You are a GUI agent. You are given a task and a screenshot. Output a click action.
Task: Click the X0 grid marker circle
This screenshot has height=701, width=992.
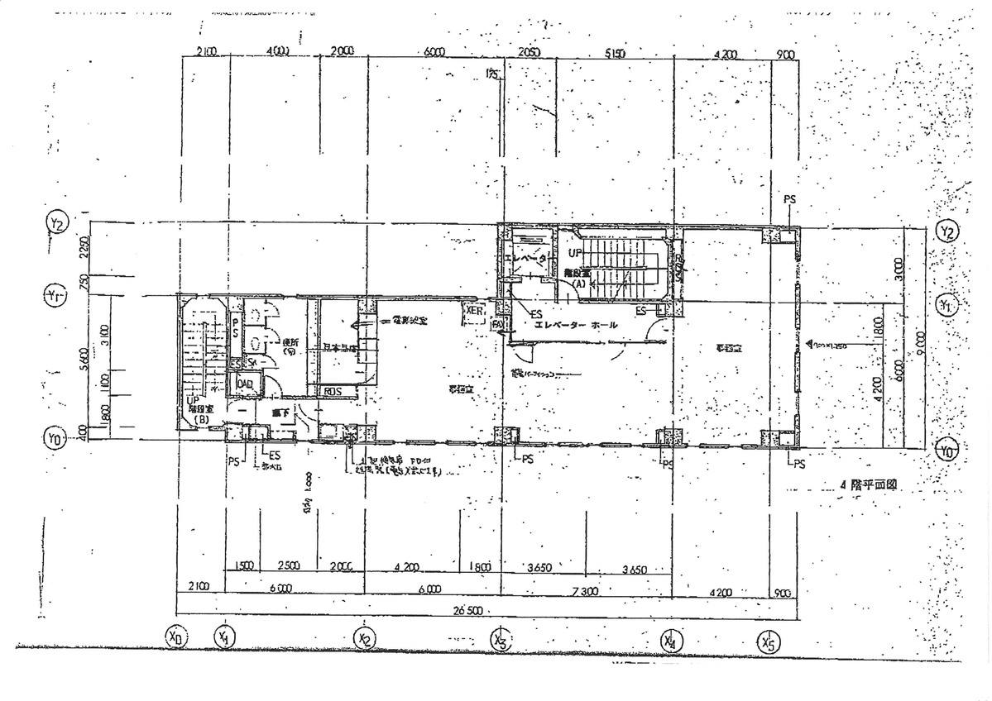[175, 637]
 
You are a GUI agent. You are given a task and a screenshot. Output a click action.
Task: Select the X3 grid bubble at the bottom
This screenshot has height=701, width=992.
[499, 639]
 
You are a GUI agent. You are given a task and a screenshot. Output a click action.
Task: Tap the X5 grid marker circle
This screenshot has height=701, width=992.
[769, 641]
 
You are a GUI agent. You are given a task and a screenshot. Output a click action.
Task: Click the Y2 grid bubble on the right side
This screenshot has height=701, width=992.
[947, 231]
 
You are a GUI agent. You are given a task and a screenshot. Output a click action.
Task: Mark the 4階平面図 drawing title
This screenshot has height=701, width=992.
[868, 487]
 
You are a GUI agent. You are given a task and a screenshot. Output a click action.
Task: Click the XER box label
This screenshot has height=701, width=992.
[474, 311]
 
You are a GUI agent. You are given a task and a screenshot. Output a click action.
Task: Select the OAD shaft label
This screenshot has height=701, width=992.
[245, 384]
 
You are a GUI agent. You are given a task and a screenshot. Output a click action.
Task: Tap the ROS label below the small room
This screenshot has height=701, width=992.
[333, 391]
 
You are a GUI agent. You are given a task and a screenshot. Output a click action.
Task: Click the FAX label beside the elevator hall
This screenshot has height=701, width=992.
[498, 325]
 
